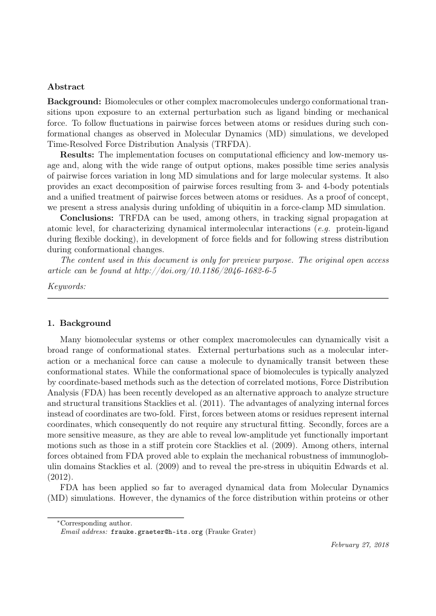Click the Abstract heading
pos(66,86)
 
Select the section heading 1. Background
pos(79,323)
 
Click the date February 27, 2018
pos(360,545)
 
